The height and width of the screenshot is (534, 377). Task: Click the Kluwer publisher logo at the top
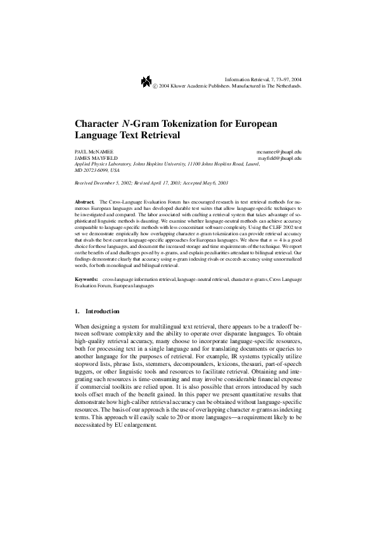(146, 81)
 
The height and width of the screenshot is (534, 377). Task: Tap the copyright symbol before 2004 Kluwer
(156, 85)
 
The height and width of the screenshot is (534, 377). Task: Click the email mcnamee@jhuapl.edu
(279, 152)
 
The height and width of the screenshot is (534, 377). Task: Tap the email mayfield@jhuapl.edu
(279, 158)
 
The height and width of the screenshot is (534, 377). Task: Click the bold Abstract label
(84, 201)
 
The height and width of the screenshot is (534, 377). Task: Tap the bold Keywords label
(86, 279)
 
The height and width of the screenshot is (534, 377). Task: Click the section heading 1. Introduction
(97, 311)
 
